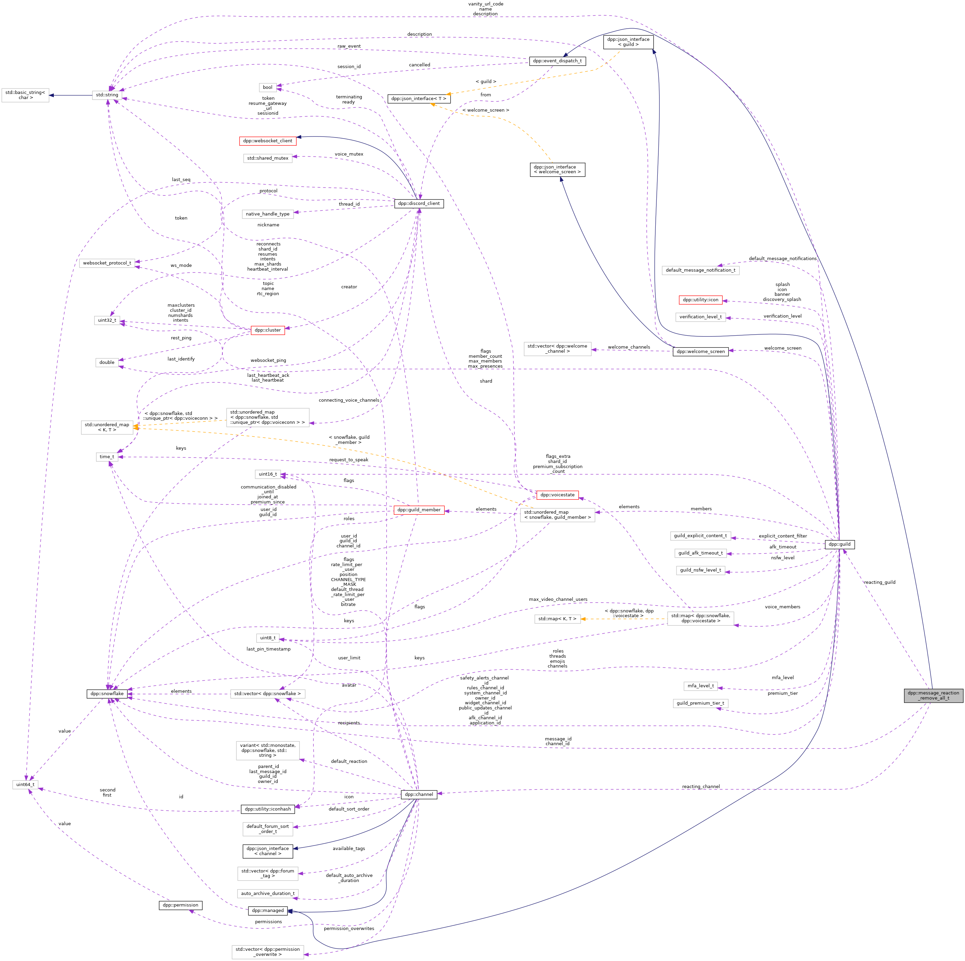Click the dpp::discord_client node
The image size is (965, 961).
[x=419, y=203]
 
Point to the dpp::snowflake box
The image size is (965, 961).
[x=107, y=693]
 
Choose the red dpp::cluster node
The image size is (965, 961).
[x=267, y=330]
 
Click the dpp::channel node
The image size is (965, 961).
[x=419, y=794]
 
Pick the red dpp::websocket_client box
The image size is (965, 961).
[x=267, y=141]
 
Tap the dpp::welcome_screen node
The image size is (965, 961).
[x=700, y=351]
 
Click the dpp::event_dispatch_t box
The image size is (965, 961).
[x=557, y=61]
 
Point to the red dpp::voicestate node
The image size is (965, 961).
[x=557, y=495]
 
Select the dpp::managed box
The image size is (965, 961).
[x=267, y=911]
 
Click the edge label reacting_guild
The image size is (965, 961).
[x=879, y=582]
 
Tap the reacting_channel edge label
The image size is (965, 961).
[x=701, y=786]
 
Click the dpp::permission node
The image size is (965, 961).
[x=180, y=905]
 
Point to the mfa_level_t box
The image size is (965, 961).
[x=700, y=686]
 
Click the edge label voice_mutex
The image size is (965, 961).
[x=349, y=154]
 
